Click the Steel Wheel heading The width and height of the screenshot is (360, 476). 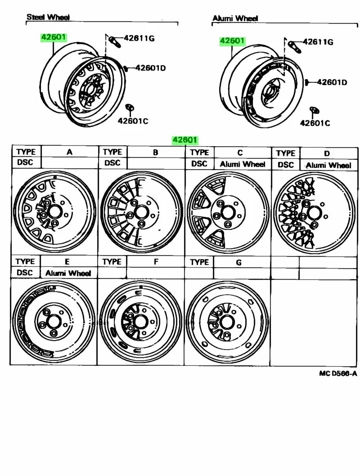48,17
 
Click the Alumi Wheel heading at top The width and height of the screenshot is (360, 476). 235,18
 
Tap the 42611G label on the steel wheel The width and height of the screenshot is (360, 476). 139,39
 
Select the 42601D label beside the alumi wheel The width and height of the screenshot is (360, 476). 332,82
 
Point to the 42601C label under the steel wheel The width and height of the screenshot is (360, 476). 133,121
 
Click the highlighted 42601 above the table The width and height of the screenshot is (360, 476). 185,140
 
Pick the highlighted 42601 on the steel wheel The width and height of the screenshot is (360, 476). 54,37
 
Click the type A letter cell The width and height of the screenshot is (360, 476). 69,152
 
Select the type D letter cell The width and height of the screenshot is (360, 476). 327,153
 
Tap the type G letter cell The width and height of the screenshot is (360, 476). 239,262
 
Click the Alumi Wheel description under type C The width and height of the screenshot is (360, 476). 243,164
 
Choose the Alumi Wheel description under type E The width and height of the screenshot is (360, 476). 68,273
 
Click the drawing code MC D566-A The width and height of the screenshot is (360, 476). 338,373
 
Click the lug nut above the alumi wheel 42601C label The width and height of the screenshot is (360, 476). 314,111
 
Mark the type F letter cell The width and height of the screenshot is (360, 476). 156,261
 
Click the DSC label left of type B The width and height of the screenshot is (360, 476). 112,163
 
